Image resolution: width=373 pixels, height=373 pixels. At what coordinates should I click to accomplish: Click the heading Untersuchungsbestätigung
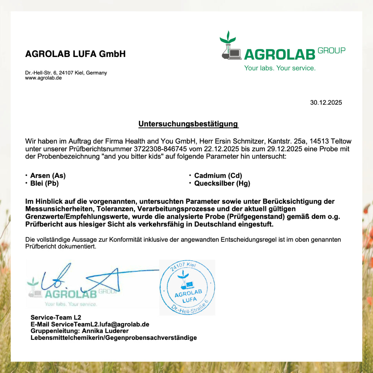coord(188,124)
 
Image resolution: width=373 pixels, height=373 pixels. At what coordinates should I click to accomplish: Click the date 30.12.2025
coord(326,103)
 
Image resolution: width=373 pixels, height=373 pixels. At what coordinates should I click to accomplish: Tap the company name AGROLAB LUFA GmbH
coord(75,54)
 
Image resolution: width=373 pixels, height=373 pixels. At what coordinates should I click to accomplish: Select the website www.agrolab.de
coord(43,78)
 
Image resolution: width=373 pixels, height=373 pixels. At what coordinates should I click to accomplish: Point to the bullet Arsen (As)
coord(48,175)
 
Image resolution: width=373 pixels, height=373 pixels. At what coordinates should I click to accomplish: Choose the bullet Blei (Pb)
coord(44,183)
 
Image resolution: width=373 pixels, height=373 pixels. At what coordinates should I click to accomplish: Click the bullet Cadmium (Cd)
coord(218,175)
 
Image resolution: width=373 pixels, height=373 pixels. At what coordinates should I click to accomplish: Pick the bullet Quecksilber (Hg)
coord(222,183)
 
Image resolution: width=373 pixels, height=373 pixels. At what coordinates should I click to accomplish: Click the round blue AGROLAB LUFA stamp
coord(187,287)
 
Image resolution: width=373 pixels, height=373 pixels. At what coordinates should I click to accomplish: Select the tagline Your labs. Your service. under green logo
coord(280,68)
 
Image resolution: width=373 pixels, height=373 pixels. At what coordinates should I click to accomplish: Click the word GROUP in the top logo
coord(331,50)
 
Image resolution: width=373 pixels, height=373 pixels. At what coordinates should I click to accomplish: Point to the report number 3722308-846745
coord(160,149)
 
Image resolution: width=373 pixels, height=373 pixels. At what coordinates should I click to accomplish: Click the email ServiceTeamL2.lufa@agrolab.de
coord(100,324)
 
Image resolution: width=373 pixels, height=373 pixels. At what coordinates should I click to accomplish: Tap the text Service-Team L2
coord(56,317)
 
